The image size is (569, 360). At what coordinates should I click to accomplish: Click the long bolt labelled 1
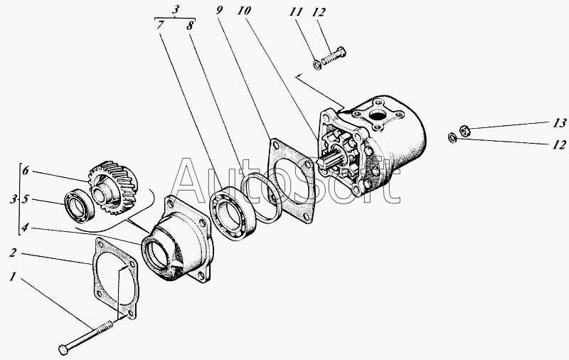click(85, 335)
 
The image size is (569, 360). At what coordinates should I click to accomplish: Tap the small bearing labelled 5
click(80, 206)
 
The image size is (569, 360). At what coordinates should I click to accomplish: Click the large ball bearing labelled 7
click(233, 213)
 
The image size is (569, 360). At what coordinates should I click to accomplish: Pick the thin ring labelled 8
click(262, 198)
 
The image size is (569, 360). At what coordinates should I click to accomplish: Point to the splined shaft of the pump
click(332, 160)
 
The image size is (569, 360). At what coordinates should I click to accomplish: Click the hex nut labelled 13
click(465, 130)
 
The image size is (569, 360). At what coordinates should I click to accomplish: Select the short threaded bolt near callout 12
click(334, 55)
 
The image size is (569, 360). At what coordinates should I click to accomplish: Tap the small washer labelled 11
click(317, 65)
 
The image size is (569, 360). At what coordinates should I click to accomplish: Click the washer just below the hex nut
click(452, 138)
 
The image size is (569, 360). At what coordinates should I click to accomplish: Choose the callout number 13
click(559, 123)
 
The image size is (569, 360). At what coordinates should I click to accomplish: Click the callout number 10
click(244, 11)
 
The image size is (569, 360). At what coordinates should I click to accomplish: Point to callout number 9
click(219, 10)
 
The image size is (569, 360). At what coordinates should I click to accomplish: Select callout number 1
click(13, 277)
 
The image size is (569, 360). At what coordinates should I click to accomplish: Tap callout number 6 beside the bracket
click(26, 170)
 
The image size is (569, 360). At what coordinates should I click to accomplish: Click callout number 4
click(25, 228)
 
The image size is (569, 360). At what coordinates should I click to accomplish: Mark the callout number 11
click(296, 11)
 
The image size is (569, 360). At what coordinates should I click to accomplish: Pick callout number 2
click(13, 253)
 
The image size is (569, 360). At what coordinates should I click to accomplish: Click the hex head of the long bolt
click(63, 350)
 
